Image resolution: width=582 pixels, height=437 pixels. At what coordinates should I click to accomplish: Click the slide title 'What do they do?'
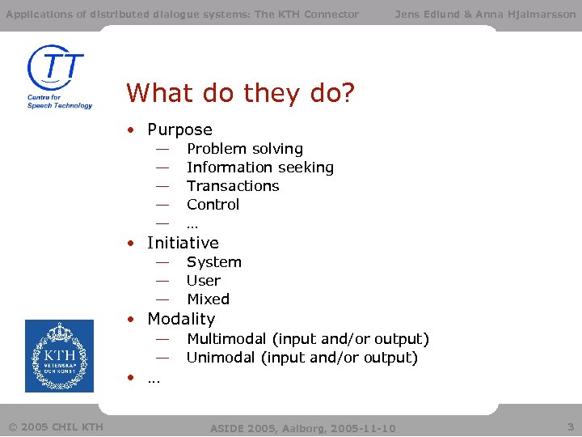click(x=240, y=94)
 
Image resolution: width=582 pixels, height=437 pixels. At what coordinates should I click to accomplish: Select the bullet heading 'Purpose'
click(x=179, y=129)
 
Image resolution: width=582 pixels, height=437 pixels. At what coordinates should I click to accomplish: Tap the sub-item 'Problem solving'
click(x=244, y=149)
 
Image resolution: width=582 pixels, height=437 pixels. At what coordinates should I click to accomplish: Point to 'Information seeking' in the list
click(x=259, y=168)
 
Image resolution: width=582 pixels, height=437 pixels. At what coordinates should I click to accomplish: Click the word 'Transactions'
click(x=233, y=186)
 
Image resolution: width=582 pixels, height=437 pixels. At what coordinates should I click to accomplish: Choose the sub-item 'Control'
click(x=213, y=205)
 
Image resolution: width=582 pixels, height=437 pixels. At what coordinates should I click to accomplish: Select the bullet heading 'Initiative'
click(x=183, y=243)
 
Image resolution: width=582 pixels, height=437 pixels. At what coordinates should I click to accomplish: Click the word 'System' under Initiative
click(x=213, y=262)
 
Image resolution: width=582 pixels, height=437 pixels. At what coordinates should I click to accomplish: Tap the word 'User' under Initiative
click(x=203, y=281)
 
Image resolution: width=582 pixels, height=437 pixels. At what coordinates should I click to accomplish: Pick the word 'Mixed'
click(x=208, y=299)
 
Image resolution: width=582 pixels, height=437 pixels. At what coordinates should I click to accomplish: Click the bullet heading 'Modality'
click(x=181, y=319)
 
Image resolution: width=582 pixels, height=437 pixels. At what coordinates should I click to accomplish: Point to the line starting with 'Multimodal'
click(x=307, y=339)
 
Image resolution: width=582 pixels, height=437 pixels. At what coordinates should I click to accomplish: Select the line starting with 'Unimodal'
click(x=302, y=358)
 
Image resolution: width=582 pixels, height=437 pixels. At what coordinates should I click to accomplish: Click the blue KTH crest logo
click(x=59, y=356)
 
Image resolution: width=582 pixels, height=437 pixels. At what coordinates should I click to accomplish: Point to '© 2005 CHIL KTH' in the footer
click(x=55, y=426)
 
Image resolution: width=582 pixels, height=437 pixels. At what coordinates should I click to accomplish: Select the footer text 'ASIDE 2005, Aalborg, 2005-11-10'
click(x=302, y=428)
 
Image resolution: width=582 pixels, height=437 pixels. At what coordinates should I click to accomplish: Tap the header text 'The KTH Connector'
click(x=306, y=14)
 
